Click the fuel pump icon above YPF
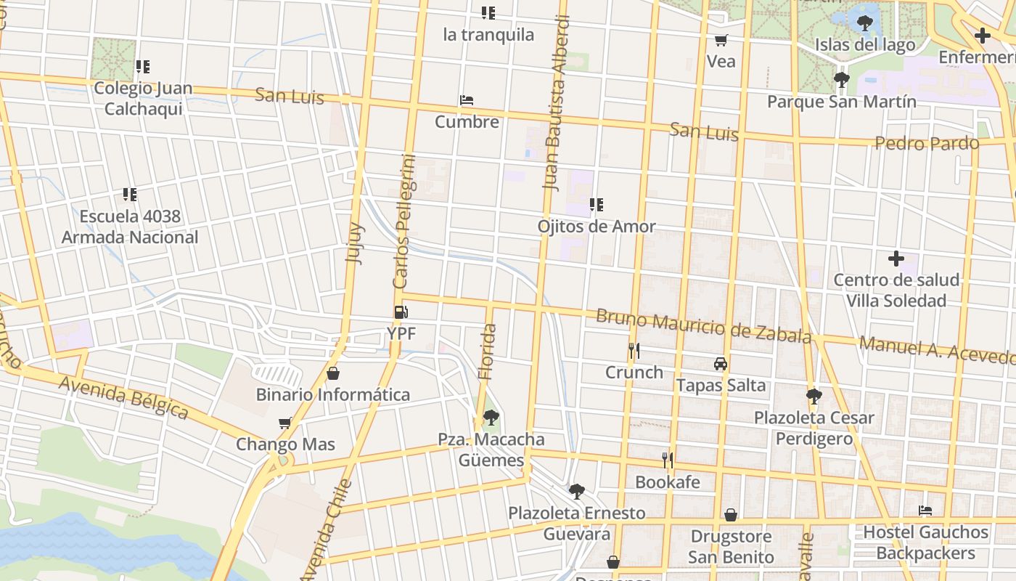[401, 313]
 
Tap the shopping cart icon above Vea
[721, 40]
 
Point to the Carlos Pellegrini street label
[403, 222]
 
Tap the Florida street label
[488, 352]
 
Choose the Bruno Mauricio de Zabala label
[703, 327]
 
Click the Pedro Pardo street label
[927, 143]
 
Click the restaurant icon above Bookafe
[668, 460]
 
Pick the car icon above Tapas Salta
[720, 364]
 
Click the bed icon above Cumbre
[467, 100]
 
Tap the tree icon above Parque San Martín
[841, 80]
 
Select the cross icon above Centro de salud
[896, 259]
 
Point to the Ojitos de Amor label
[596, 227]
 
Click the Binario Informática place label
[332, 395]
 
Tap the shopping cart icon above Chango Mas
[285, 423]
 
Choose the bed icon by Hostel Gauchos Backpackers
[925, 511]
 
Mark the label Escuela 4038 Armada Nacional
[130, 227]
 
